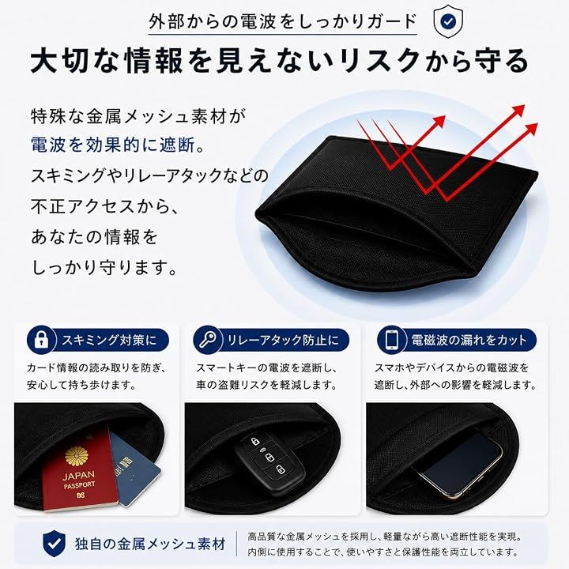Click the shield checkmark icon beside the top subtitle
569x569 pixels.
(449, 21)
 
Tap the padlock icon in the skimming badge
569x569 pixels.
(41, 340)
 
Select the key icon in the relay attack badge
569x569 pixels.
(208, 340)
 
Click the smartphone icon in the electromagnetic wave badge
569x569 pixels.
(392, 340)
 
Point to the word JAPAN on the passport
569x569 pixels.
(78, 476)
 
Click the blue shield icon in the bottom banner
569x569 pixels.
(54, 543)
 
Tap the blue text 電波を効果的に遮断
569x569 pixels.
(113, 145)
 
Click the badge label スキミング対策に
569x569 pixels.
(109, 340)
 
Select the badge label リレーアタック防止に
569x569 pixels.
(283, 340)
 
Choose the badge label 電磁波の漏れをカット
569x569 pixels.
(469, 340)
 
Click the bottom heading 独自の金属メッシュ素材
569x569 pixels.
(150, 544)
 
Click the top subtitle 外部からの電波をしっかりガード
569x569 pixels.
(283, 22)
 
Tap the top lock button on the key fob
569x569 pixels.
(254, 442)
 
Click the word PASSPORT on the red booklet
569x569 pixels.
(80, 485)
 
